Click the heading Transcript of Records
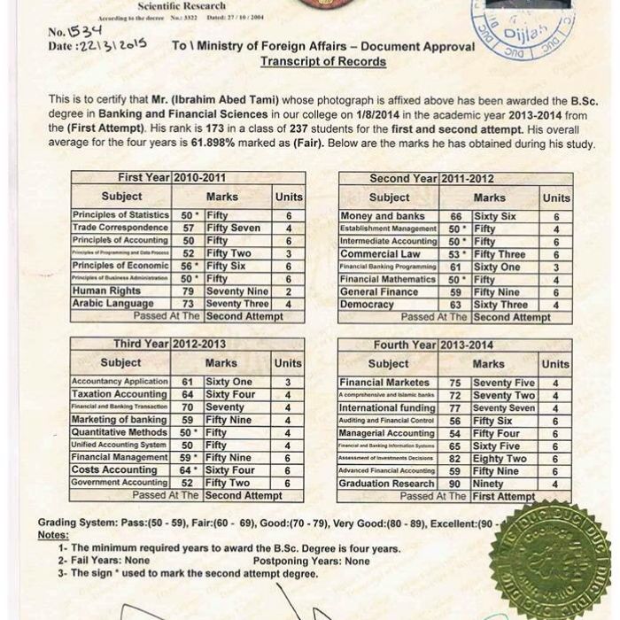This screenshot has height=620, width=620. [x=322, y=61]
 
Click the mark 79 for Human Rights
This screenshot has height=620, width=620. [x=188, y=291]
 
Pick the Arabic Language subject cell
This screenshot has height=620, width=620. [x=112, y=304]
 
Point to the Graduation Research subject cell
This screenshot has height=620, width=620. [x=387, y=484]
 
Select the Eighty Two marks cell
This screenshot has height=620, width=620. [x=500, y=459]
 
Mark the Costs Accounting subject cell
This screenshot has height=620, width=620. [x=114, y=469]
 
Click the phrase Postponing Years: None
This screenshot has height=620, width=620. [x=311, y=561]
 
